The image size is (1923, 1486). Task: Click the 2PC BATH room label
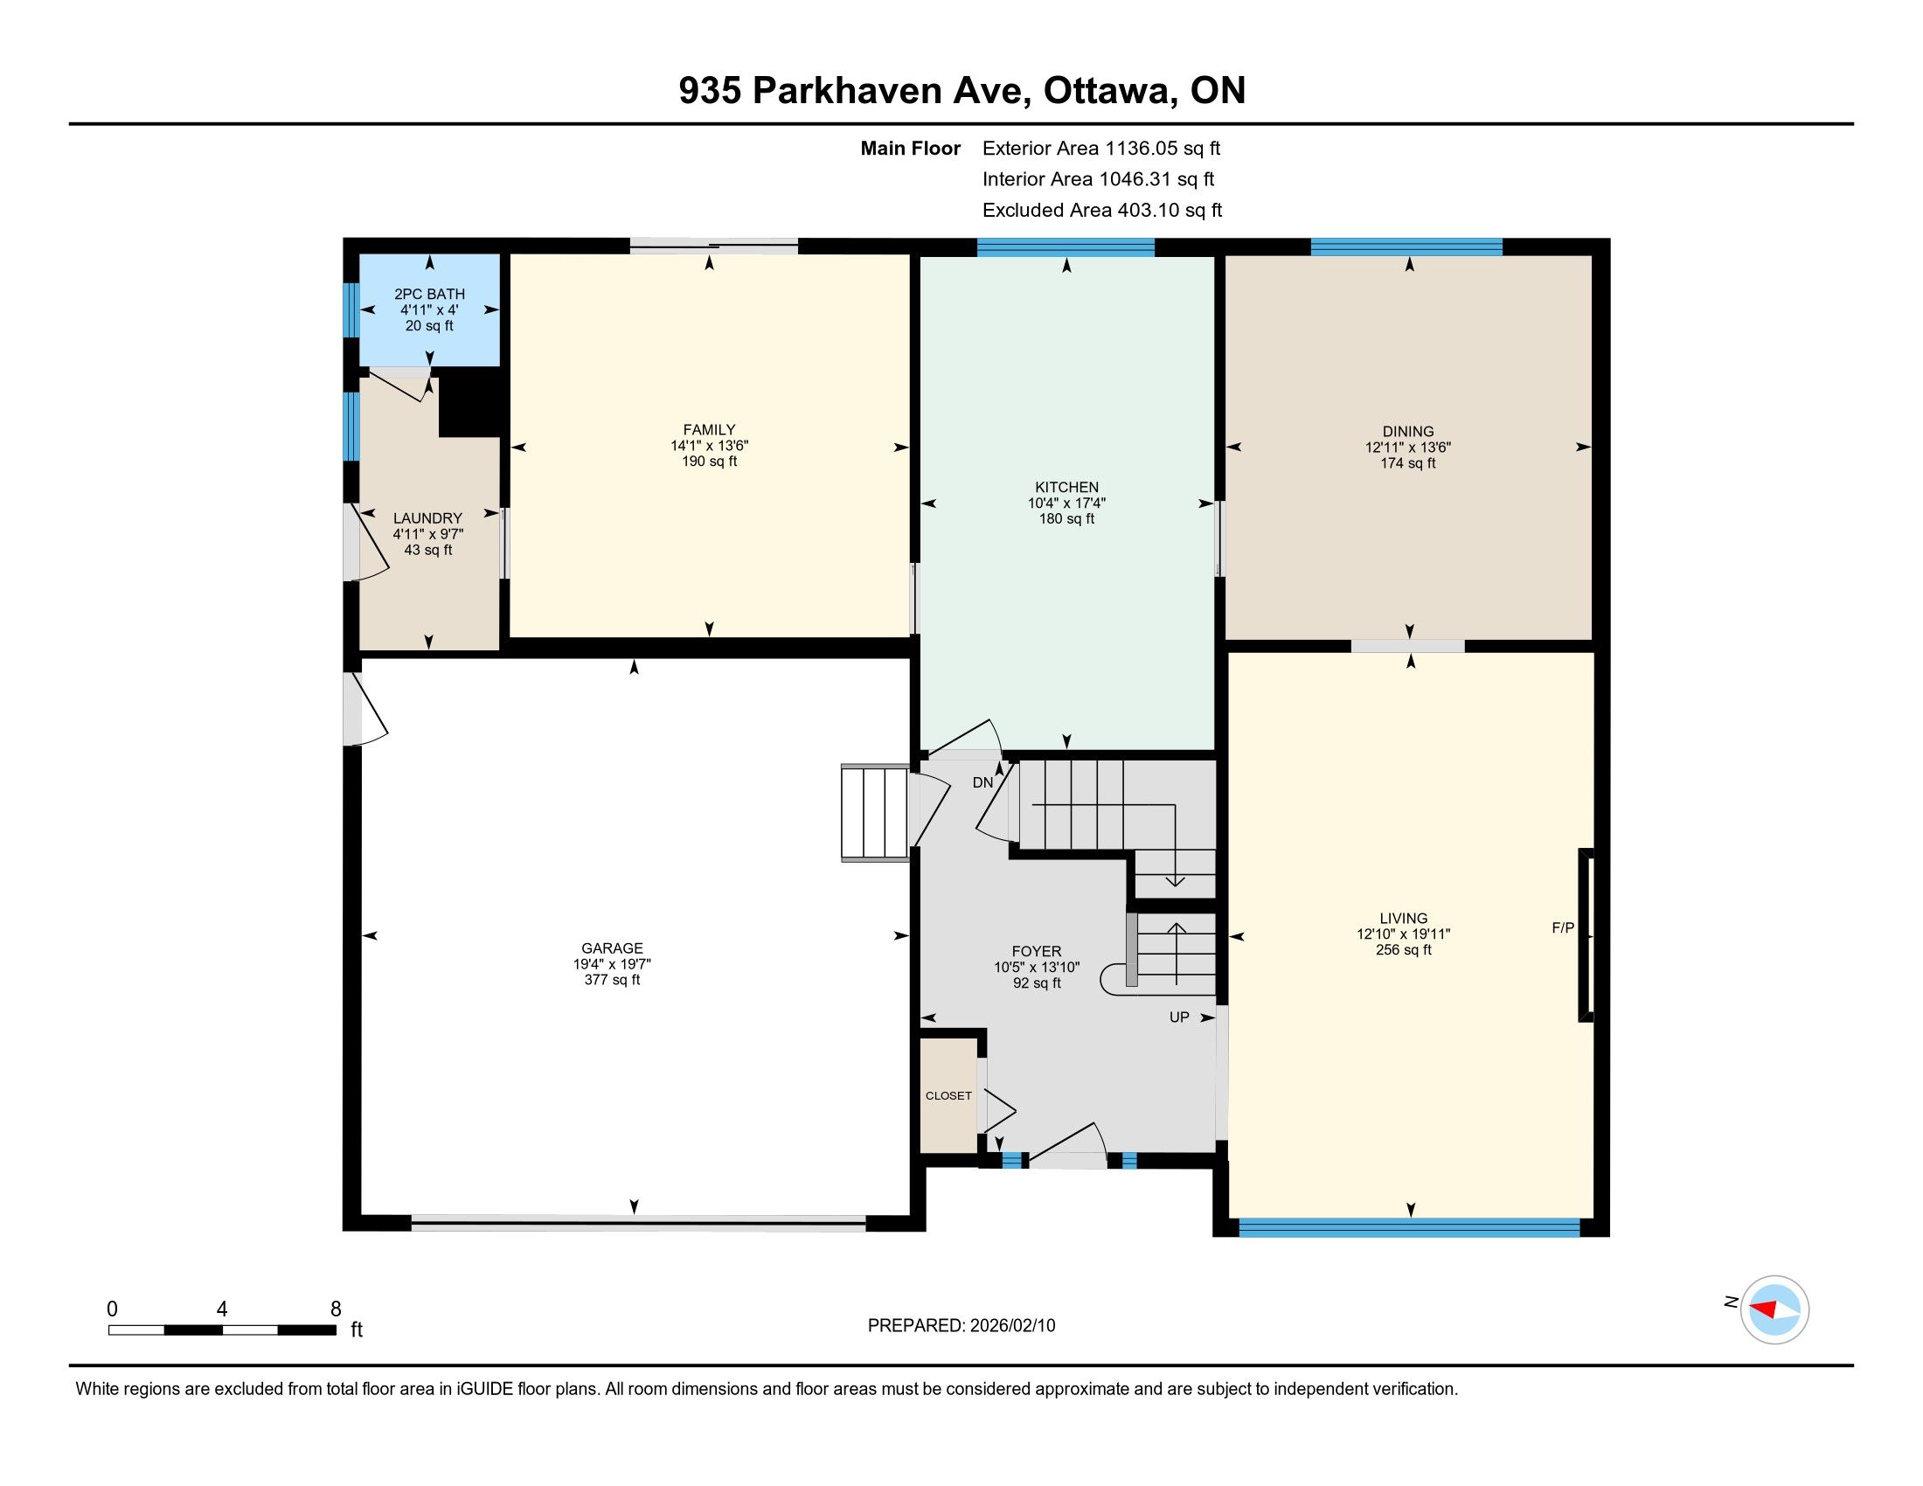click(x=430, y=294)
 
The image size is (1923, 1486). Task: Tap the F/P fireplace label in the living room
click(x=1563, y=927)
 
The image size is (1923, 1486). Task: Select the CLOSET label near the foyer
click(x=948, y=1096)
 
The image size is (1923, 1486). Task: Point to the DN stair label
click(x=982, y=782)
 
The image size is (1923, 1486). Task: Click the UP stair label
click(x=1179, y=1017)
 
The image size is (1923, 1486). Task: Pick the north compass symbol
click(x=1774, y=1309)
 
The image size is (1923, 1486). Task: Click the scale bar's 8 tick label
click(x=336, y=1309)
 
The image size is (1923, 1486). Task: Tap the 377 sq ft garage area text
click(x=612, y=980)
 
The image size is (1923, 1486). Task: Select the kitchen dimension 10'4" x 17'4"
click(x=1066, y=503)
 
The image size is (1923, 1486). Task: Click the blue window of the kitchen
click(x=1066, y=247)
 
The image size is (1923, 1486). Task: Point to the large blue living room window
click(x=1410, y=1227)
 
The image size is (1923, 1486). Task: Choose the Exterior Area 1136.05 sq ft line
click(x=1101, y=149)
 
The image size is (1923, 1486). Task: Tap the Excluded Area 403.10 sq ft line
click(x=1102, y=211)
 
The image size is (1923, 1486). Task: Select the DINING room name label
click(x=1408, y=431)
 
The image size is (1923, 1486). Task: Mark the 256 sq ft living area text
click(x=1404, y=950)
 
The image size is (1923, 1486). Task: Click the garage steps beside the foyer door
click(x=875, y=813)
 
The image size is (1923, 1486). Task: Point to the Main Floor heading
click(x=911, y=149)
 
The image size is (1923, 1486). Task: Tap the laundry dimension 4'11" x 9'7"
click(x=428, y=534)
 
